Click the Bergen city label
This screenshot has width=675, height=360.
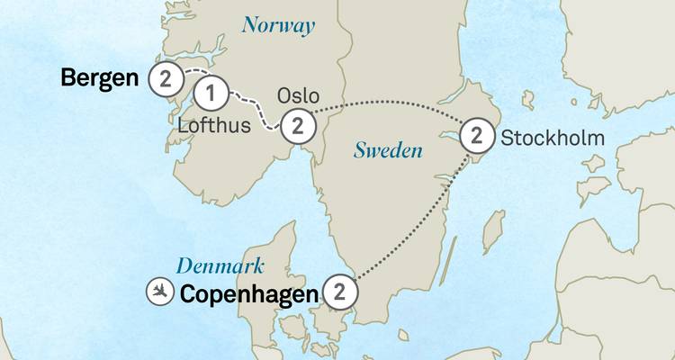click(99, 78)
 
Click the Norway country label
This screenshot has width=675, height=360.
click(278, 25)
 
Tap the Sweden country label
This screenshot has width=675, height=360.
click(388, 150)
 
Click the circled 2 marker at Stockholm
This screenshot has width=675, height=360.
click(476, 137)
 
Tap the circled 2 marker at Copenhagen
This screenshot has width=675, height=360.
click(339, 292)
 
